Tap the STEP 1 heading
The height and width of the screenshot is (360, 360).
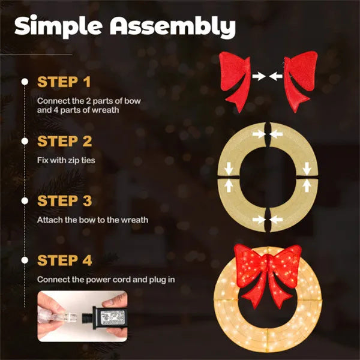[x=65, y=81]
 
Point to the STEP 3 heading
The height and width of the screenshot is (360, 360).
[x=65, y=200]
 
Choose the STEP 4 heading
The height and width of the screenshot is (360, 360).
[x=65, y=260]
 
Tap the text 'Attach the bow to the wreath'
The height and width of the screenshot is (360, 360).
[x=92, y=220]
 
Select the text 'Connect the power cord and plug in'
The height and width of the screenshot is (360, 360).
[x=103, y=280]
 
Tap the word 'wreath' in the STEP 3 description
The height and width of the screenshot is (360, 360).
[x=135, y=220]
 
